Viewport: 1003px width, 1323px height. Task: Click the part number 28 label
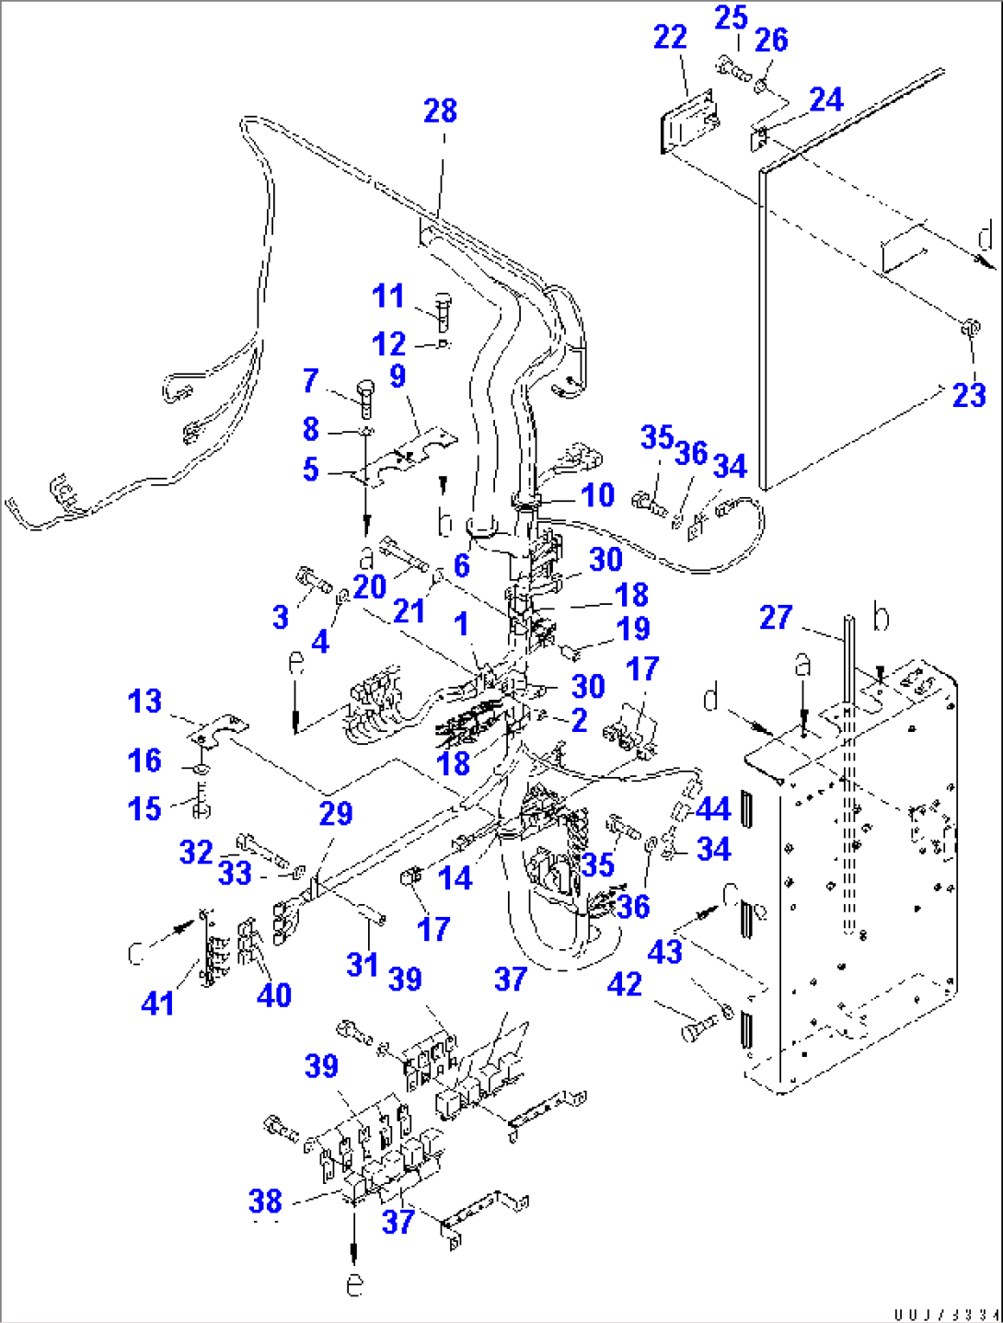tap(440, 111)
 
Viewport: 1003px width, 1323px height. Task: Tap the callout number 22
tap(670, 38)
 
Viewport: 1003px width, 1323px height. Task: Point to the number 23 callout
tap(968, 396)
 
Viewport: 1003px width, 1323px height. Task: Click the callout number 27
tap(775, 617)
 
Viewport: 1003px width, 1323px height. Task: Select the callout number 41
tap(157, 1003)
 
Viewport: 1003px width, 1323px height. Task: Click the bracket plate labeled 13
tap(219, 728)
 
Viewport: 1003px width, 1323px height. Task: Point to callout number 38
tap(265, 1201)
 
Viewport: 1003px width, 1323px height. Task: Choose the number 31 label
tap(363, 964)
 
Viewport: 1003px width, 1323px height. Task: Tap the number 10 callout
tap(598, 495)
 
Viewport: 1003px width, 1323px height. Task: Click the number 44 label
tap(713, 809)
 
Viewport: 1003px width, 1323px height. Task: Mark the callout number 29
tap(336, 814)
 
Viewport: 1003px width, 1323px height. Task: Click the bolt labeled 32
tap(254, 844)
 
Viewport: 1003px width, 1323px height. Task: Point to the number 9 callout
tap(398, 376)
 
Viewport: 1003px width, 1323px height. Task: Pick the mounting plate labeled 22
tap(688, 121)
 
